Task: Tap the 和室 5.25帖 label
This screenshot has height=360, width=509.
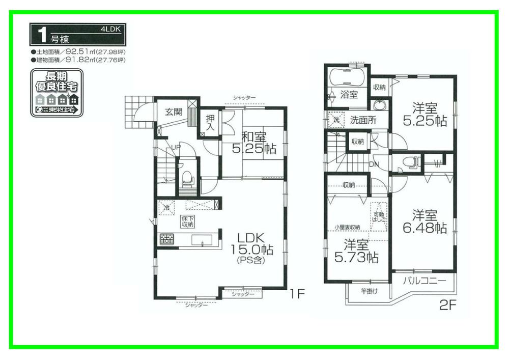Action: tap(254, 143)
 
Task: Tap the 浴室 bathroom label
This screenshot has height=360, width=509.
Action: tap(349, 95)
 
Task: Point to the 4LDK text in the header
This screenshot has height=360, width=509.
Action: tap(111, 30)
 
